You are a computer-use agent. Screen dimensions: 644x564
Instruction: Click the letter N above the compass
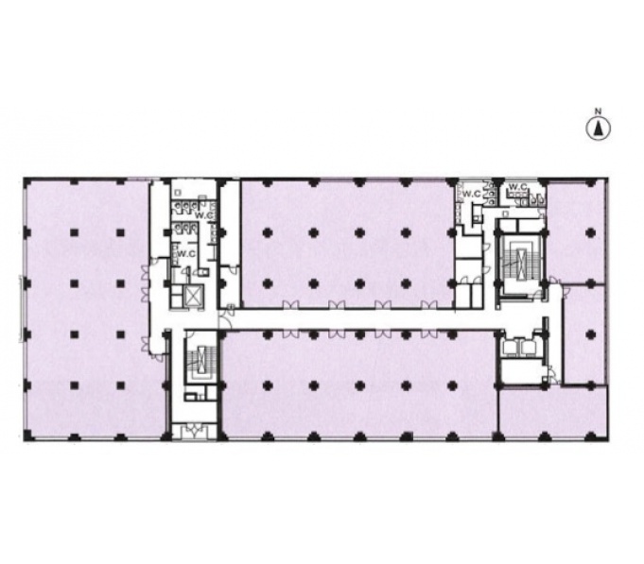coord(599,111)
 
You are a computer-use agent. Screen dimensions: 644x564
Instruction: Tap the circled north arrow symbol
coord(598,128)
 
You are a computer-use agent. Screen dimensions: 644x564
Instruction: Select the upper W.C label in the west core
coord(202,214)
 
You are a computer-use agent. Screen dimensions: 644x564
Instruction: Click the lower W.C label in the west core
coord(186,254)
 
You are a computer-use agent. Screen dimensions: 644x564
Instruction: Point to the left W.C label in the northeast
coord(472,194)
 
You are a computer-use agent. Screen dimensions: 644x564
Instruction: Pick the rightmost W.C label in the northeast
coord(518,187)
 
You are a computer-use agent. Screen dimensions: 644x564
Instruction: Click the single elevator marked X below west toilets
coord(194,295)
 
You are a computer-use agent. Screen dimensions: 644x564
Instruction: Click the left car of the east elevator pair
coord(511,347)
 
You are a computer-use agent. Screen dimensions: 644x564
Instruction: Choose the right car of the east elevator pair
coord(528,347)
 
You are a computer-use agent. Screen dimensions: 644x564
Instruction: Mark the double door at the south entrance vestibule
coord(194,430)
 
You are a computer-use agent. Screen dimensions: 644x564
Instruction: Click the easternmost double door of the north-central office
coord(429,304)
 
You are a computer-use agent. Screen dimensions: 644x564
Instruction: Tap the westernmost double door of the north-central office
coord(291,304)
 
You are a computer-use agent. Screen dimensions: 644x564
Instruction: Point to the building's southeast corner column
coord(591,436)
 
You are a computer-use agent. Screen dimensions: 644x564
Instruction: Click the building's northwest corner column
coord(27,181)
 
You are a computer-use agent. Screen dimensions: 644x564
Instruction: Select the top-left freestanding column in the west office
coord(74,233)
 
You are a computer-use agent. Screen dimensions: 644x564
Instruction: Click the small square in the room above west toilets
coord(178,193)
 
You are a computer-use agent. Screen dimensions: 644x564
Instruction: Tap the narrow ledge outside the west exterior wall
coord(20,309)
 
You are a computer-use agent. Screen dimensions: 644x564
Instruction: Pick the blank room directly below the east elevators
coord(520,370)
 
